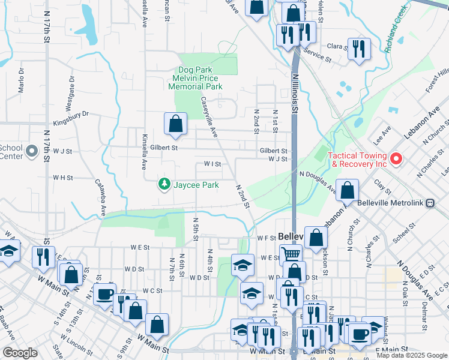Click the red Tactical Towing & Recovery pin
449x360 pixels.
point(396,159)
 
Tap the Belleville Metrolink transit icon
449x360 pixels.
point(430,203)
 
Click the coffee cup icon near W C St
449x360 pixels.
point(105,294)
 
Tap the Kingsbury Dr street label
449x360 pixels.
point(71,113)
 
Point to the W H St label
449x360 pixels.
point(62,178)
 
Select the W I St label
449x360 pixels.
point(213,163)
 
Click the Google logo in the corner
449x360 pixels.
point(20,353)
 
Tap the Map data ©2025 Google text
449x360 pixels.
point(412,355)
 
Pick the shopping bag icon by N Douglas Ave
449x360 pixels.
point(348,190)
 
